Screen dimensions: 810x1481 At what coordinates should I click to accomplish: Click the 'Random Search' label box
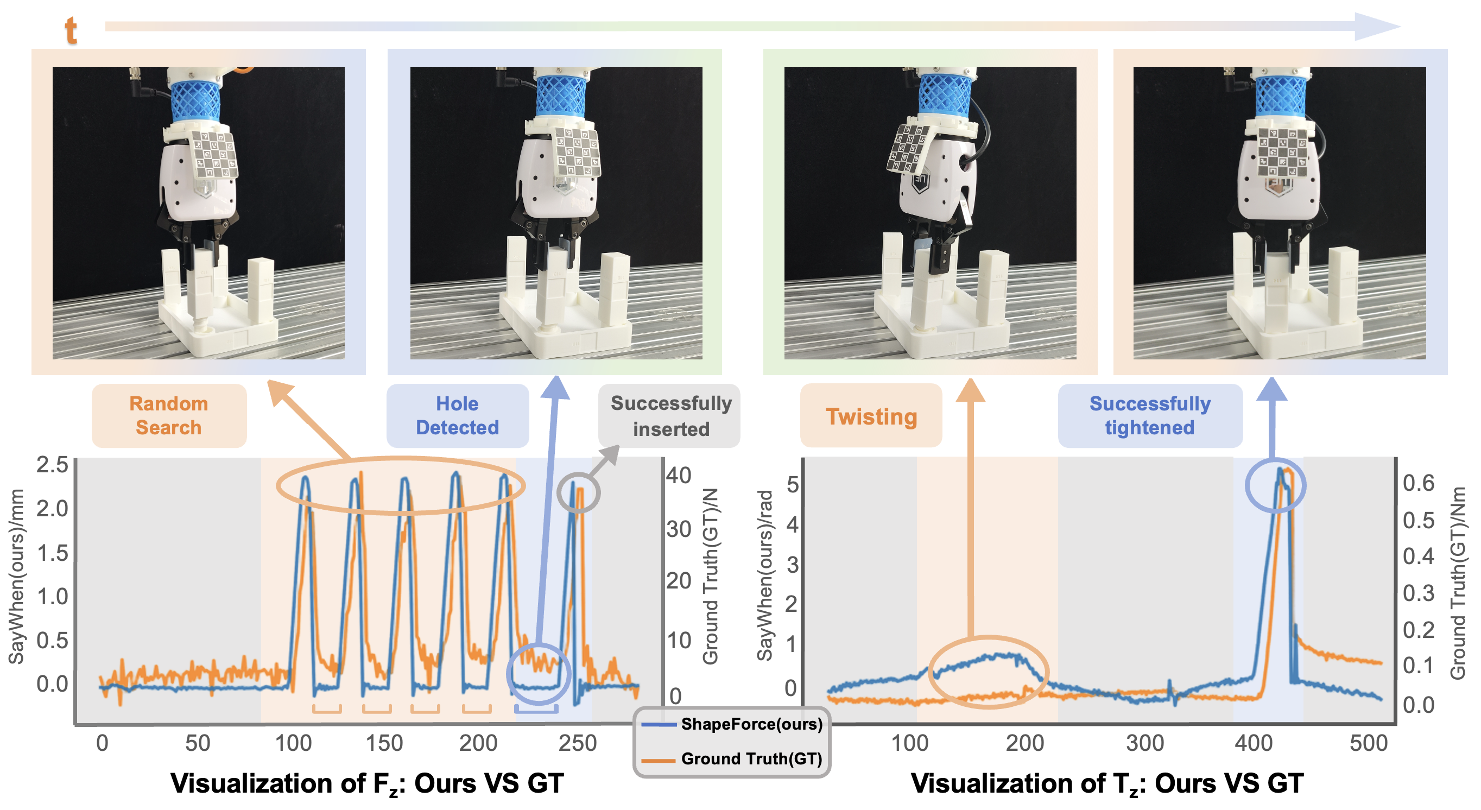[168, 415]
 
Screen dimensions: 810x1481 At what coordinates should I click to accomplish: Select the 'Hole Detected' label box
[457, 415]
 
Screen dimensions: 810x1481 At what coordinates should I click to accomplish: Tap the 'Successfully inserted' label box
[670, 415]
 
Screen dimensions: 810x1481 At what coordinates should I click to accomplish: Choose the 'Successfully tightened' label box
[1149, 415]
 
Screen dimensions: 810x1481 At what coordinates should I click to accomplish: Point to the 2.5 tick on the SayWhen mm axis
[52, 465]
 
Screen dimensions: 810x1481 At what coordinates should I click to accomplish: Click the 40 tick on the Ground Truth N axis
[679, 476]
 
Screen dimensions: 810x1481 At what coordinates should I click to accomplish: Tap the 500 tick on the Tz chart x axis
[1368, 743]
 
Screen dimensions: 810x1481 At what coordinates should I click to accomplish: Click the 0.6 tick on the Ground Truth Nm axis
[1419, 483]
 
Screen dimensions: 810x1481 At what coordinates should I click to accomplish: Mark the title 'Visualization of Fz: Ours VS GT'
[367, 783]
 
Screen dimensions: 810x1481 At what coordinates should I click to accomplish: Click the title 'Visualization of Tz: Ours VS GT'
[1107, 783]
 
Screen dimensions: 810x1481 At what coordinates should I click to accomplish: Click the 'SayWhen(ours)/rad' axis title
[764, 575]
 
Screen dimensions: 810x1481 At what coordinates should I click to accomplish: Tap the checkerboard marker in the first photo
[214, 154]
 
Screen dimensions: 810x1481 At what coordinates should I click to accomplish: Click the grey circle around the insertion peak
[578, 492]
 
